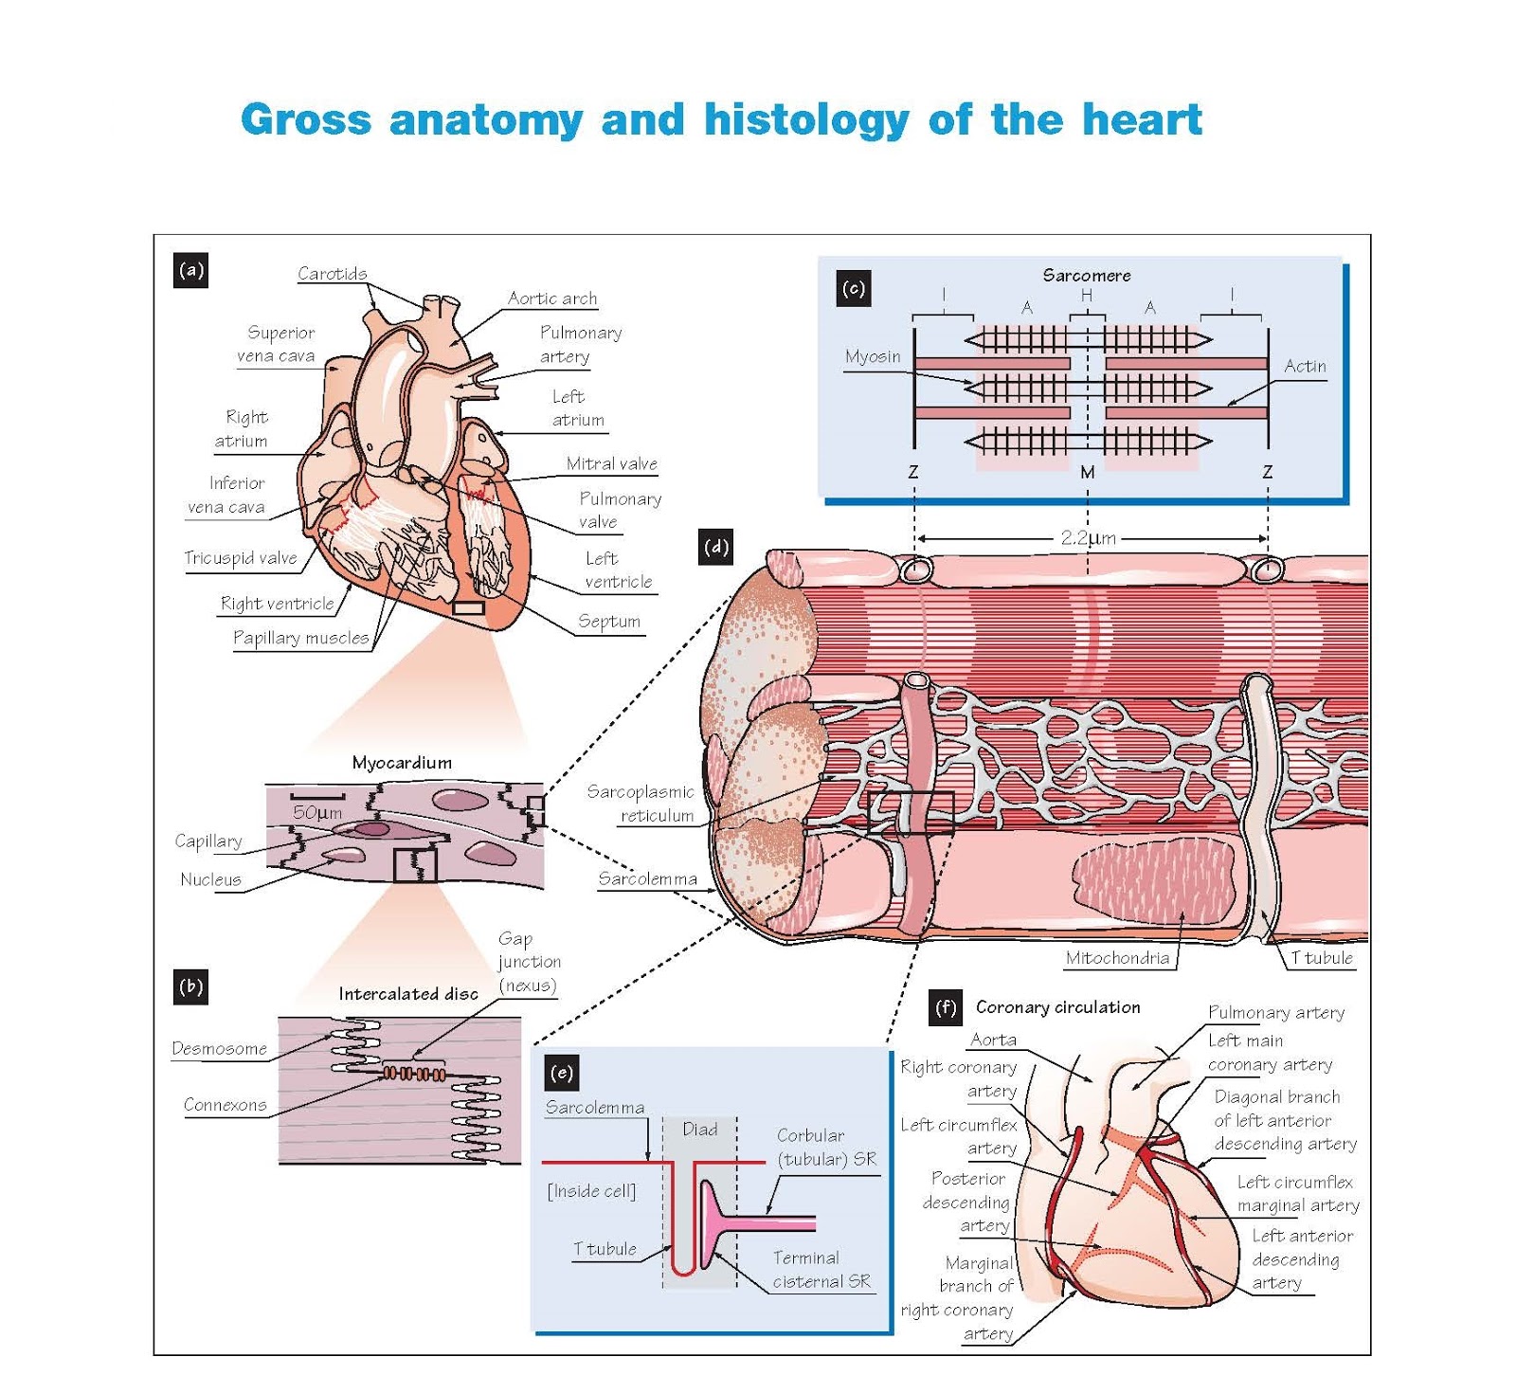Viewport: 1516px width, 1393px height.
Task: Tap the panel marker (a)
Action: click(191, 271)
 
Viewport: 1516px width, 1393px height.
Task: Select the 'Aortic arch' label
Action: click(552, 298)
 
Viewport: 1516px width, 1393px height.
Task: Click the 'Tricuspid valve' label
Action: click(241, 558)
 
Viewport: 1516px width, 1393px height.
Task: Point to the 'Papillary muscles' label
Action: click(300, 638)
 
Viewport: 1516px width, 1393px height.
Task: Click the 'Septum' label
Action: click(609, 622)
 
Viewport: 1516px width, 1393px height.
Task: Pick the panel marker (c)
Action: click(853, 288)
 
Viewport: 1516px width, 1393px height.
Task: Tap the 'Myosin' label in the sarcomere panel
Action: click(873, 357)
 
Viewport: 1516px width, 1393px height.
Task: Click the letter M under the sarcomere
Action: click(1088, 472)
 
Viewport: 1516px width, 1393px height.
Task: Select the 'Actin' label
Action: click(1305, 367)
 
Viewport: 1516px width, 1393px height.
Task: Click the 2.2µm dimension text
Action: click(1088, 538)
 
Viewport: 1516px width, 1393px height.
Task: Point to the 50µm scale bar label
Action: click(317, 813)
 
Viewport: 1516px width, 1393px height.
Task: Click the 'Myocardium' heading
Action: click(402, 763)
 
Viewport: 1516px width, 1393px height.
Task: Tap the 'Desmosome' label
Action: click(220, 1049)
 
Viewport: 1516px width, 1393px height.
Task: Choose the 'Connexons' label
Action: click(226, 1105)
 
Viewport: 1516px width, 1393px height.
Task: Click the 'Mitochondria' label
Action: click(1117, 958)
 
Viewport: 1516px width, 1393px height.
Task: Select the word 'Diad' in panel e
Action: click(700, 1130)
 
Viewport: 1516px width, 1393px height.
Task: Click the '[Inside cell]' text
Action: click(591, 1191)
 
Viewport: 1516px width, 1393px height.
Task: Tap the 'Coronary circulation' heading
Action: click(1057, 1007)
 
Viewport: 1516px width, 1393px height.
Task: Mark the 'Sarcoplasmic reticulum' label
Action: click(641, 804)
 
